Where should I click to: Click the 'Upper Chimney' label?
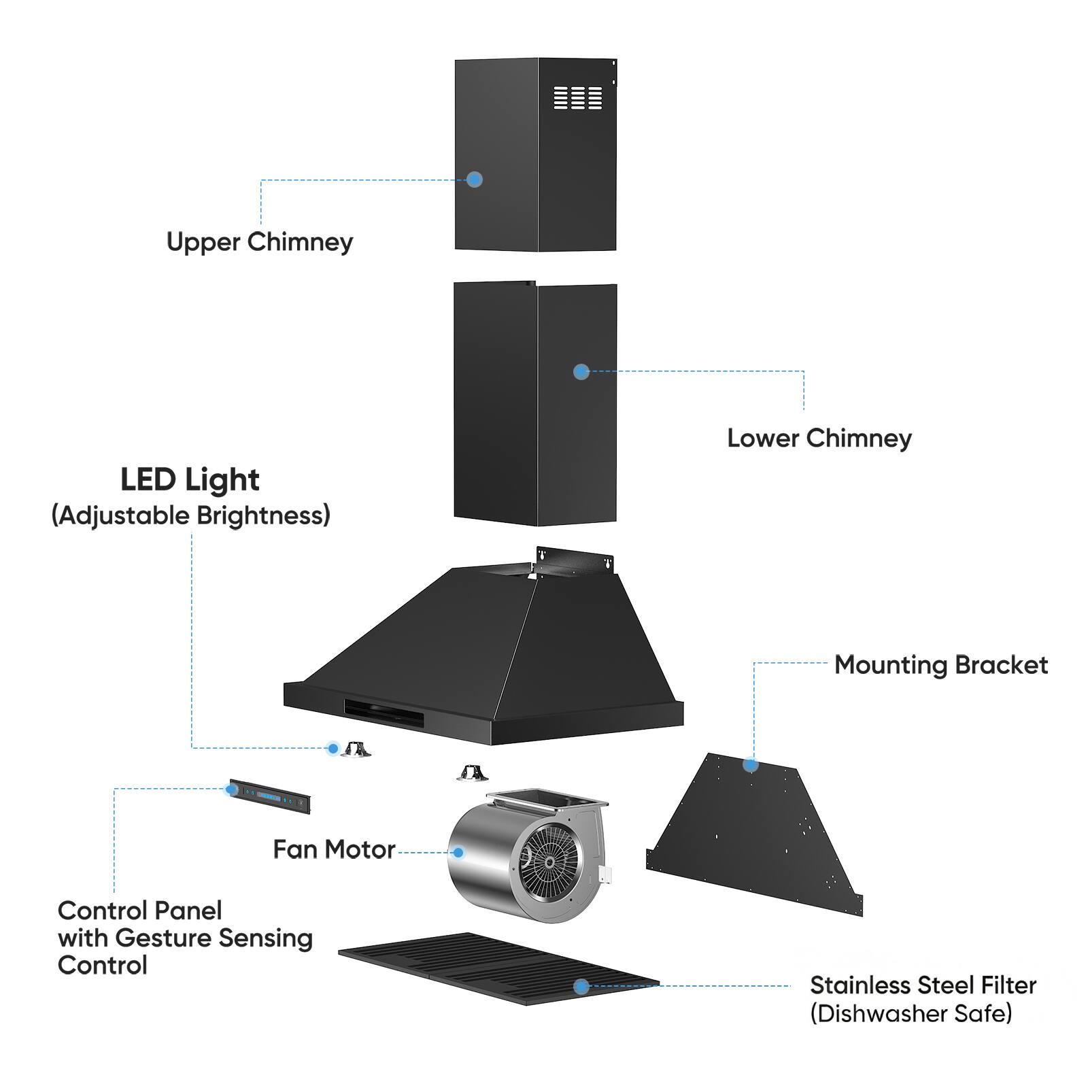(x=260, y=242)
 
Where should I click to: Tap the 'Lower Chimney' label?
(x=819, y=439)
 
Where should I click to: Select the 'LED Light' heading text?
(x=190, y=480)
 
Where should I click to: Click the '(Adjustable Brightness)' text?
(x=191, y=515)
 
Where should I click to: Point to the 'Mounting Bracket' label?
(x=940, y=665)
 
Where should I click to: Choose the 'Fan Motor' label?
(x=334, y=849)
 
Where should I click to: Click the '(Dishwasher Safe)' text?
(x=911, y=1013)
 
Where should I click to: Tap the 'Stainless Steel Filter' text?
(x=923, y=985)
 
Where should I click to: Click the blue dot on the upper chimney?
(x=475, y=180)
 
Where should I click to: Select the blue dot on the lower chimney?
(x=581, y=371)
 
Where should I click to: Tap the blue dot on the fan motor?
(x=458, y=852)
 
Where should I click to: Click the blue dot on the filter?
(x=581, y=986)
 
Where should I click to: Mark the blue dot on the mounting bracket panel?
(x=751, y=765)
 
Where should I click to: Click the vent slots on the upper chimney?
(x=577, y=97)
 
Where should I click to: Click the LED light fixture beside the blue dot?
(x=355, y=750)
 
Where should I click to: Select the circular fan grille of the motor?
(x=548, y=862)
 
